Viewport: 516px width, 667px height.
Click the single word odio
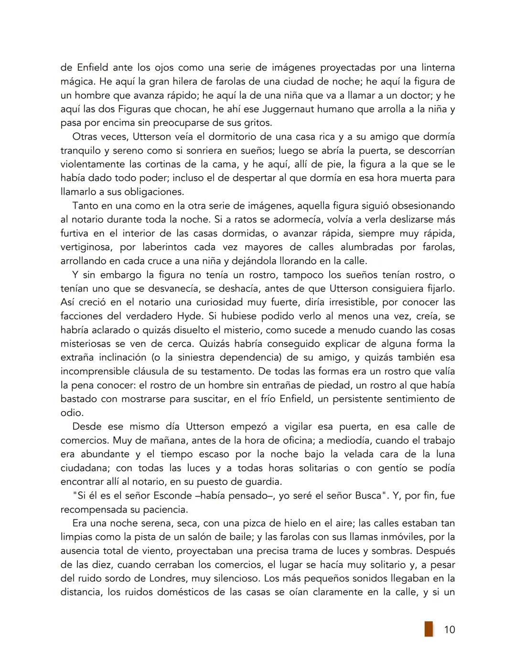(x=72, y=413)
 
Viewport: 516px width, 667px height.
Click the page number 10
(x=449, y=629)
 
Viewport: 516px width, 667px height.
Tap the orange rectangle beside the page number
(x=429, y=629)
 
